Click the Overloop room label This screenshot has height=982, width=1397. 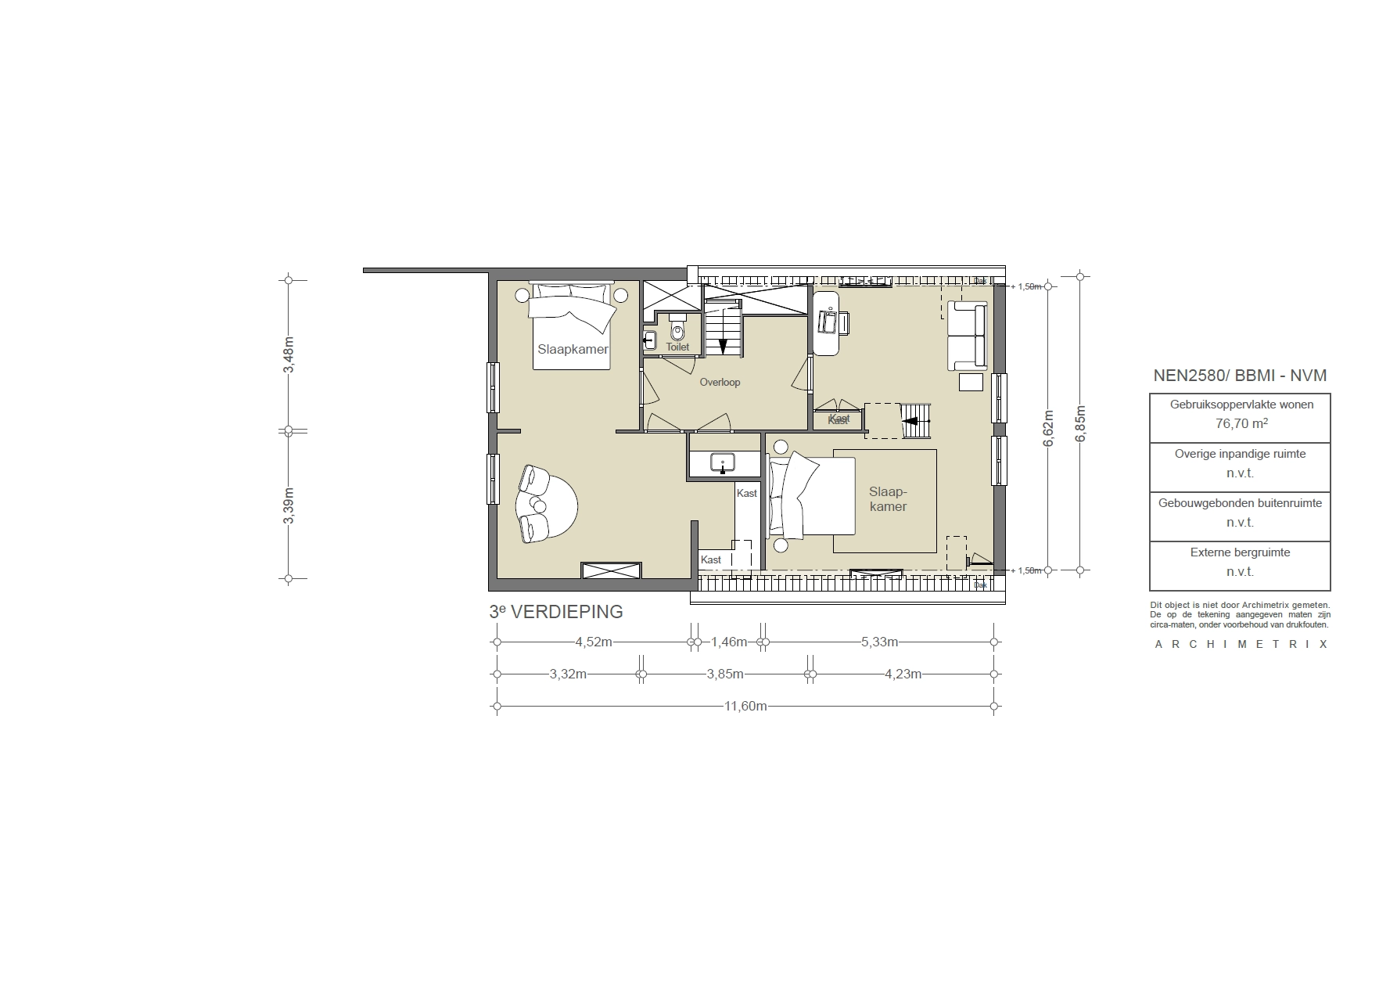pyautogui.click(x=720, y=383)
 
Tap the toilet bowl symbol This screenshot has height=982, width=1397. pyautogui.click(x=677, y=332)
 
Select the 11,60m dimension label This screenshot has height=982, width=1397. pyautogui.click(x=745, y=706)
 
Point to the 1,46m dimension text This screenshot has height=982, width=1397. pyautogui.click(x=728, y=642)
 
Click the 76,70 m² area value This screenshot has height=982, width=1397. pyautogui.click(x=1241, y=424)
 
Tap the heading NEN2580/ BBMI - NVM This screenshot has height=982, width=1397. pyautogui.click(x=1240, y=376)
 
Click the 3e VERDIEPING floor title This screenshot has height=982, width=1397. pyautogui.click(x=555, y=612)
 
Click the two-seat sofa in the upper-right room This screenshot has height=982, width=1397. pyautogui.click(x=967, y=336)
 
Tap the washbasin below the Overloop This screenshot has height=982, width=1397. pyautogui.click(x=723, y=463)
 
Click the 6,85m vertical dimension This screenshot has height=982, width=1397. pyautogui.click(x=1080, y=423)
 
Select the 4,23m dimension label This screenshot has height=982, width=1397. pyautogui.click(x=903, y=674)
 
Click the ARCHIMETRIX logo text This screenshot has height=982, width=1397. pyautogui.click(x=1241, y=645)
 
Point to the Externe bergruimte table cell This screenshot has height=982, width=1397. pyautogui.click(x=1240, y=562)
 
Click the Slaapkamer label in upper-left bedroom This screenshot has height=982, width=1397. pyautogui.click(x=573, y=349)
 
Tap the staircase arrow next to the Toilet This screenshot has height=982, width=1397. pyautogui.click(x=723, y=345)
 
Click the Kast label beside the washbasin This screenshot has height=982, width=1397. pyautogui.click(x=746, y=493)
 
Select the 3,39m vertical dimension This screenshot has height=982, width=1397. pyautogui.click(x=289, y=505)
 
